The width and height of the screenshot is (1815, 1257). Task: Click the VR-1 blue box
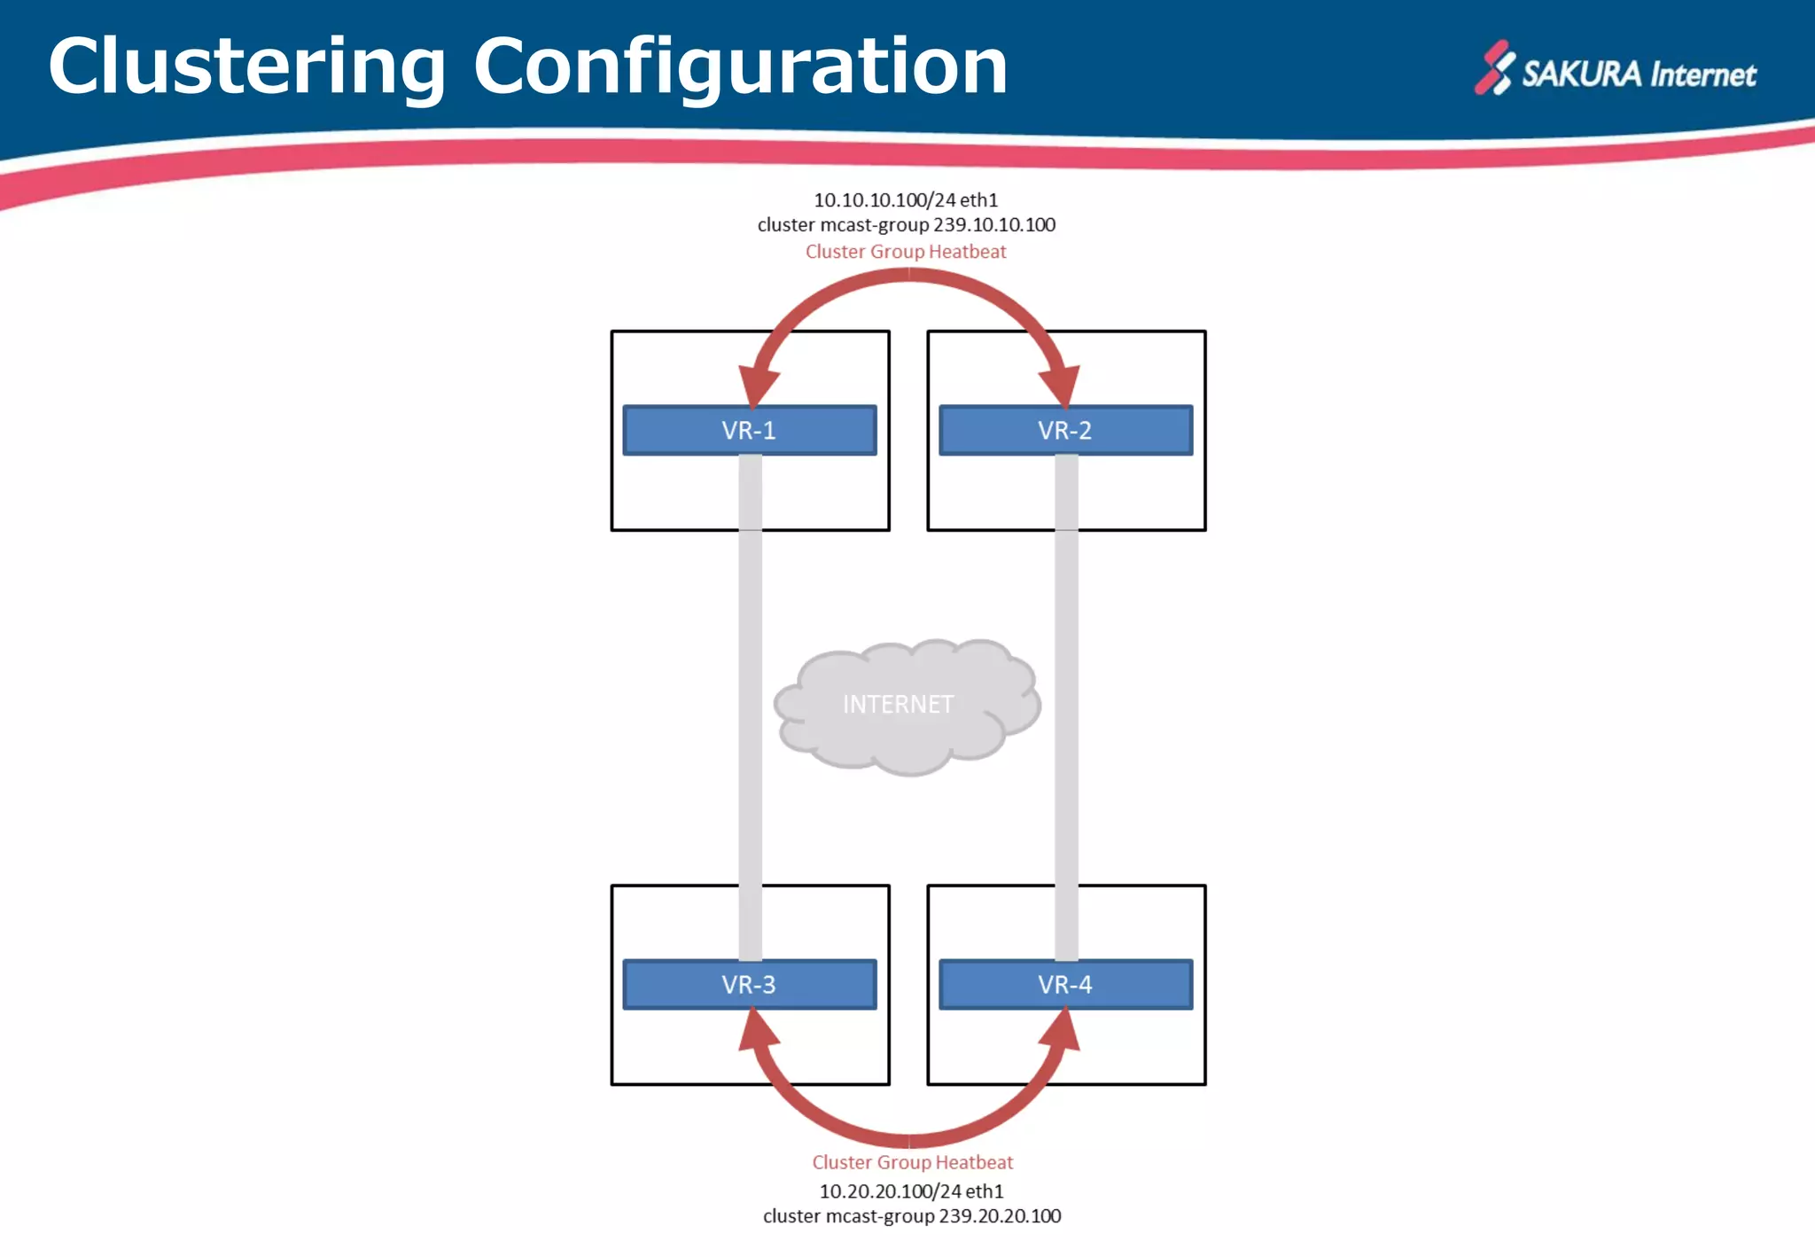click(749, 431)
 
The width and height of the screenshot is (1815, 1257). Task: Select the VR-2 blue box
click(1065, 431)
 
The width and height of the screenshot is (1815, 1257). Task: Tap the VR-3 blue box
click(749, 985)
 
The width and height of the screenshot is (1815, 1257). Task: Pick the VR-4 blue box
click(1065, 985)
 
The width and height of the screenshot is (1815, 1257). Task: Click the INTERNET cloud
click(904, 706)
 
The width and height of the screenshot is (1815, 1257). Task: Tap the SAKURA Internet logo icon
click(1494, 67)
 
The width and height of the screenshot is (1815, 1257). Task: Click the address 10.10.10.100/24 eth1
click(905, 200)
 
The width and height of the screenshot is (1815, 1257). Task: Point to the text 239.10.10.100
click(993, 225)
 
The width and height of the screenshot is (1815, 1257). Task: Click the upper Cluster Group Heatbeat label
click(905, 252)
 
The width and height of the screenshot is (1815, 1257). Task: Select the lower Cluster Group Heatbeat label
click(912, 1162)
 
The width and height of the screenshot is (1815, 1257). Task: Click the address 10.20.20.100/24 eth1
click(910, 1191)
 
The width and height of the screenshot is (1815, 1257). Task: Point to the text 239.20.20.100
click(1000, 1216)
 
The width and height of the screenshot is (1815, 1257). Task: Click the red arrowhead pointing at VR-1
click(759, 386)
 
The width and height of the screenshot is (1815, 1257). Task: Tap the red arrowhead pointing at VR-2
click(1060, 386)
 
